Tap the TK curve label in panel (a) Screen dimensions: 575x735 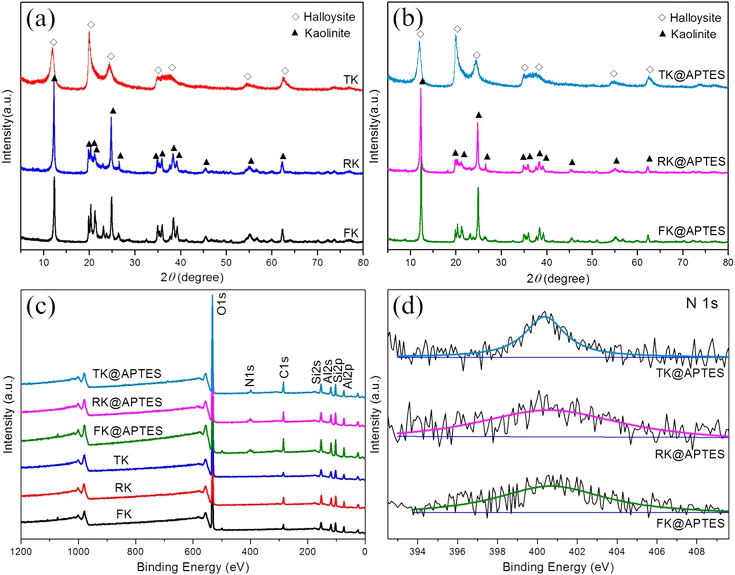[351, 80]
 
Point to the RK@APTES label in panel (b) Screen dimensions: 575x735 [691, 161]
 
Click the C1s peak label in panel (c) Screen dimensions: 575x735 [284, 367]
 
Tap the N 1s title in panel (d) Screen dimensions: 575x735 [701, 303]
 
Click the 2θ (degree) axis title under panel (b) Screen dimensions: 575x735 [558, 279]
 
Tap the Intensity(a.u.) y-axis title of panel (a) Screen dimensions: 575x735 [7, 126]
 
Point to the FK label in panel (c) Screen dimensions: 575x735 [124, 514]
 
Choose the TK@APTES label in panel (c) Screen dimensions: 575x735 [127, 373]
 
